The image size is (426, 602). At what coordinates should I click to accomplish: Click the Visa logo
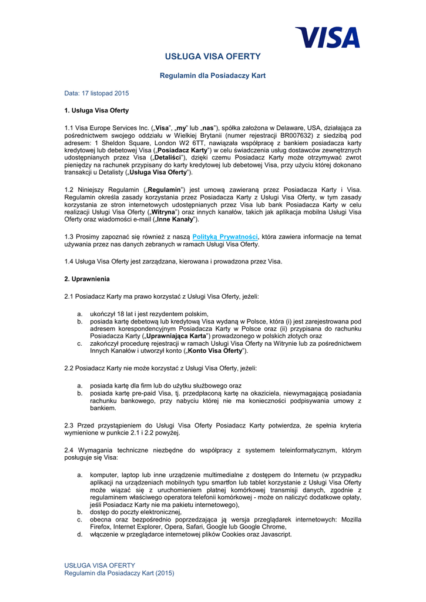pyautogui.click(x=327, y=37)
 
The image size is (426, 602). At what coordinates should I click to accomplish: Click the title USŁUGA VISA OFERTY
pyautogui.click(x=213, y=56)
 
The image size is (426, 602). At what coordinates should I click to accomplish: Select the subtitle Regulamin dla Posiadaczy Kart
pyautogui.click(x=213, y=76)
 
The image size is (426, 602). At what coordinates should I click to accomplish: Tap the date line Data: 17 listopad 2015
pyautogui.click(x=96, y=93)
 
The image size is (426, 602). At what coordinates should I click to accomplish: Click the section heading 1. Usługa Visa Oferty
pyautogui.click(x=96, y=111)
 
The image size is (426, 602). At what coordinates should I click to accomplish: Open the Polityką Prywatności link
pyautogui.click(x=217, y=236)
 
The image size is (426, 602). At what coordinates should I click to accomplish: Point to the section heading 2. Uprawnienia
pyautogui.click(x=87, y=279)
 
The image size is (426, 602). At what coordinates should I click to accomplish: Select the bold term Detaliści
pyautogui.click(x=169, y=158)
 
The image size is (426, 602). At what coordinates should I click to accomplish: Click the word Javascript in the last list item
pyautogui.click(x=275, y=534)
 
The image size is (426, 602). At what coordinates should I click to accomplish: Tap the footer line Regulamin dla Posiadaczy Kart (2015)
pyautogui.click(x=119, y=573)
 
